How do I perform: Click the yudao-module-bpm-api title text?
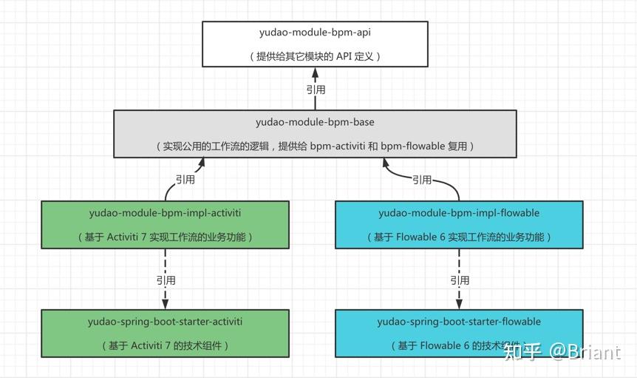pos(315,33)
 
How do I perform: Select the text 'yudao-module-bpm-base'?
pos(315,122)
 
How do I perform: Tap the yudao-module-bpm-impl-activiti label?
pos(165,213)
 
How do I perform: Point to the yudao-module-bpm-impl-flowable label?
pos(459,213)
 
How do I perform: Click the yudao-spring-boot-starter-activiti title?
pos(165,322)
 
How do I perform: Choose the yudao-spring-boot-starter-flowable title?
pos(459,322)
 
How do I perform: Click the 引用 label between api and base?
pos(316,90)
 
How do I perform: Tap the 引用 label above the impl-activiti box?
pos(185,179)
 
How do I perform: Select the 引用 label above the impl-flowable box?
pos(422,179)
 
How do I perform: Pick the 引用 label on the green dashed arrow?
pos(166,280)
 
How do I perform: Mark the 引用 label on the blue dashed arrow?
pos(460,280)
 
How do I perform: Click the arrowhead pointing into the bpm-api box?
pos(316,73)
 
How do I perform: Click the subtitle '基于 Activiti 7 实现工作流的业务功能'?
pos(165,237)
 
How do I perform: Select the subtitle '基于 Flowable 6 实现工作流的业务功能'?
pos(459,237)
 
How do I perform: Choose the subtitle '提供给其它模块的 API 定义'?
pos(315,57)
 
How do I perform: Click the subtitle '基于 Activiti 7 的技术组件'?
pos(165,346)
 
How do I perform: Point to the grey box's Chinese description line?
pos(315,146)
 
